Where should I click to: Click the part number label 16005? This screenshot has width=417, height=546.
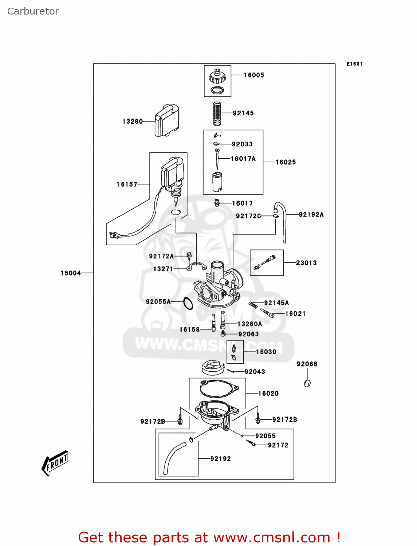[254, 75]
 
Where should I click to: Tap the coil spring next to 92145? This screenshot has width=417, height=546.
[217, 114]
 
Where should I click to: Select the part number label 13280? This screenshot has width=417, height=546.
[133, 122]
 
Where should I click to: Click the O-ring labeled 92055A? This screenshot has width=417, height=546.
[188, 303]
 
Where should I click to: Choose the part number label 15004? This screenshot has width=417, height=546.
[71, 273]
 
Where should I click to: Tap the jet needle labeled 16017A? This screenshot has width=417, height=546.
[217, 159]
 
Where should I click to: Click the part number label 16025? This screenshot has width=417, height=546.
[286, 162]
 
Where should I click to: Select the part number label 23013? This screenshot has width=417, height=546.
[306, 263]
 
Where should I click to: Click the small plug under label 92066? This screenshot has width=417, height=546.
[307, 383]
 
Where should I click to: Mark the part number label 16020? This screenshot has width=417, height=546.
[268, 393]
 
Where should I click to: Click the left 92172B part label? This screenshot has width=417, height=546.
[153, 422]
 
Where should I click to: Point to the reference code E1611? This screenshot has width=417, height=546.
[354, 64]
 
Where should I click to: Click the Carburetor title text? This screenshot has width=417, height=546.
[33, 11]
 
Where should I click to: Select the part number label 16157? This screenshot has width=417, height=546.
[127, 185]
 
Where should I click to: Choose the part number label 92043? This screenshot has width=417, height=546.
[255, 372]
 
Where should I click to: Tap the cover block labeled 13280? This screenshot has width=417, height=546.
[167, 120]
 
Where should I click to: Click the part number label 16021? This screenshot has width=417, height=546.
[295, 314]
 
